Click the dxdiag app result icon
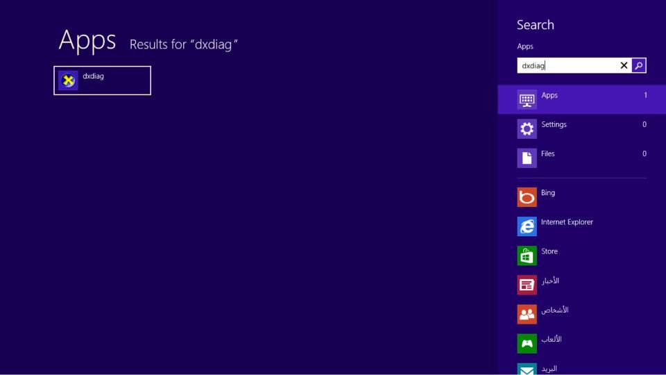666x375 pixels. [68, 81]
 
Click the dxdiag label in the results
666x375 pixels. [93, 76]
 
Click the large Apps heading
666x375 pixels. [87, 41]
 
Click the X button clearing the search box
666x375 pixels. [624, 65]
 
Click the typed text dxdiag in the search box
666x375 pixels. [533, 65]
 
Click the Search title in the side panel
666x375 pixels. [535, 25]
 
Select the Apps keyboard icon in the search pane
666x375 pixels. [527, 99]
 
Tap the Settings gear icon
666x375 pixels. [527, 129]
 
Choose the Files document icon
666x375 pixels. [527, 158]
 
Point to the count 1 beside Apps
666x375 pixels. [645, 95]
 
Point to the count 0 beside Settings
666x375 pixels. [644, 124]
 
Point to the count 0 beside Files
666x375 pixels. [644, 154]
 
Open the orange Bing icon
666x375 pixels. [527, 197]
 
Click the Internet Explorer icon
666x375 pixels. [527, 226]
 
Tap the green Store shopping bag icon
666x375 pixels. [527, 256]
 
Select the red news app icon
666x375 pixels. [527, 285]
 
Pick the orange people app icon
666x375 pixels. [527, 315]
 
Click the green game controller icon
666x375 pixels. [527, 344]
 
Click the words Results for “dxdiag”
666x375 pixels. [183, 44]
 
